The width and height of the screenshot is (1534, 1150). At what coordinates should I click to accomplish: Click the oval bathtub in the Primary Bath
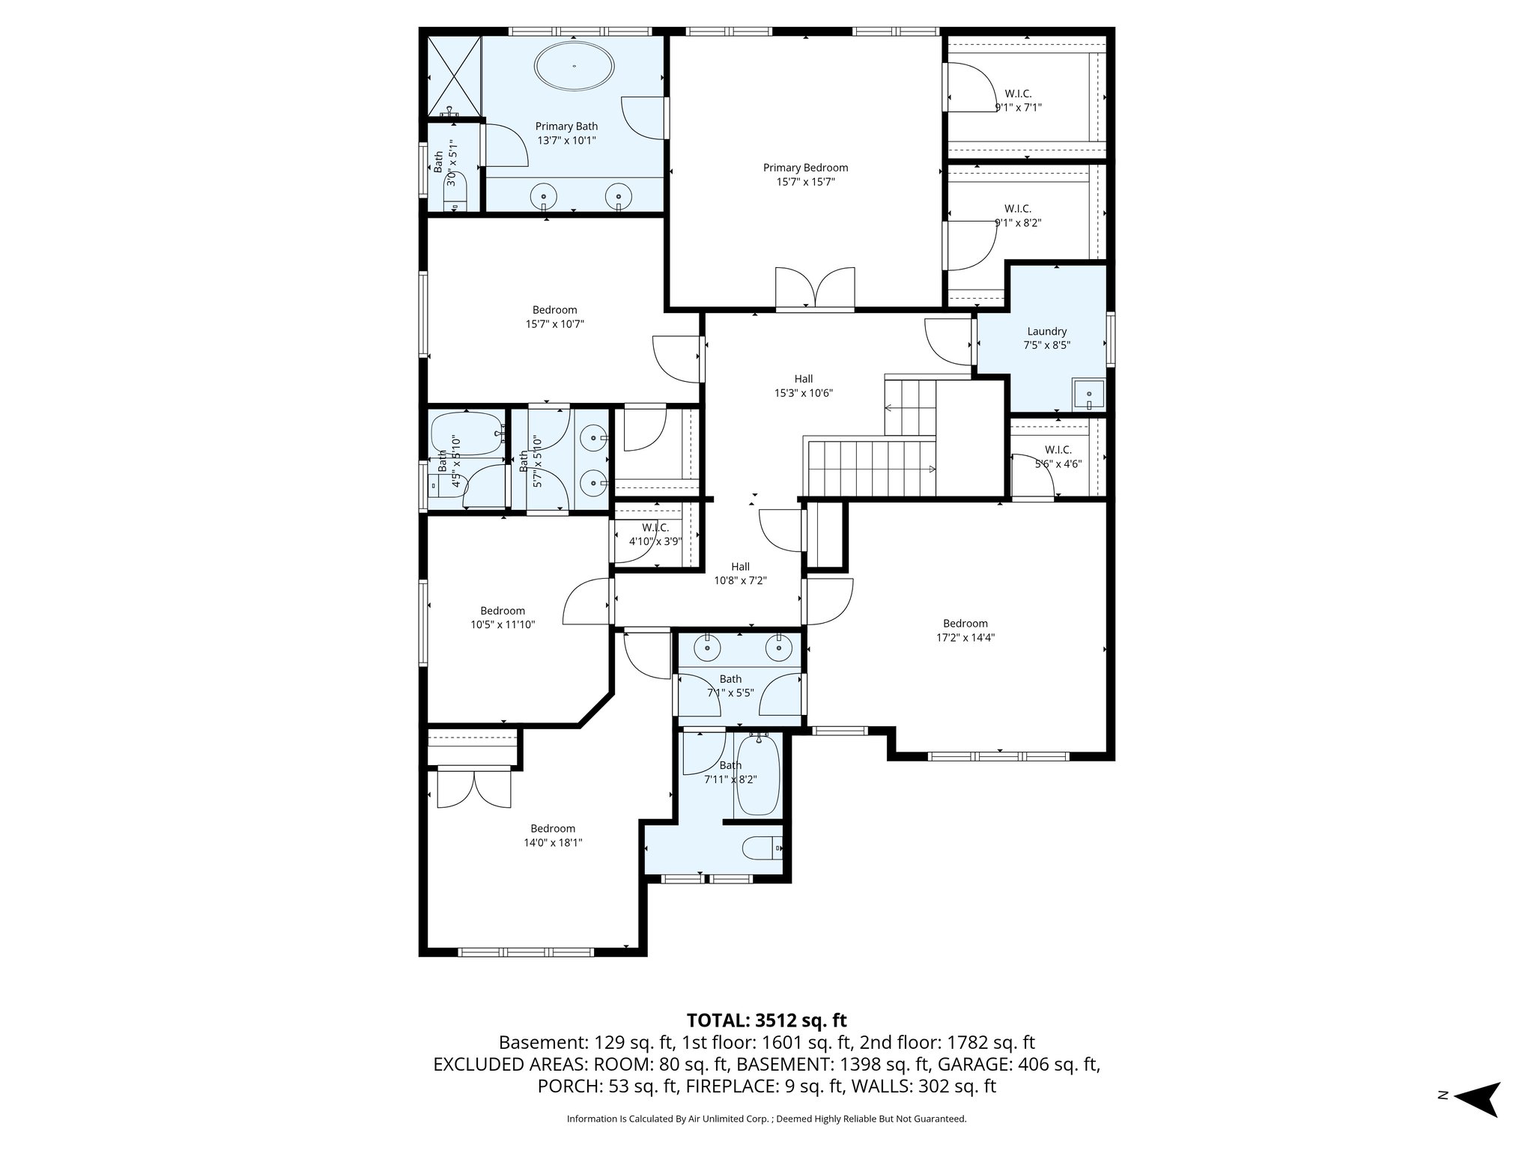pos(575,66)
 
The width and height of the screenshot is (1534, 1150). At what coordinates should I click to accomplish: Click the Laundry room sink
pos(1088,394)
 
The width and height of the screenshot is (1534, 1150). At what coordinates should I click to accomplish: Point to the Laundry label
pos(1046,332)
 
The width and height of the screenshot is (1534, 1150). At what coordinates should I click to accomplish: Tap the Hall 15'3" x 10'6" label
pos(803,386)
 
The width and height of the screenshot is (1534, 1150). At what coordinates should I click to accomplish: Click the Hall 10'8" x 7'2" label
pos(740,574)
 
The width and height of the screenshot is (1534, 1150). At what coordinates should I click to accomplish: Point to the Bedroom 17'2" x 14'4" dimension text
pos(965,638)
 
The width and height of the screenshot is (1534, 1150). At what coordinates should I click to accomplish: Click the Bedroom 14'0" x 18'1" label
pos(553,835)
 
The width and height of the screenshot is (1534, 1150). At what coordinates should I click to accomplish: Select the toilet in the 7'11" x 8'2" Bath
pos(762,848)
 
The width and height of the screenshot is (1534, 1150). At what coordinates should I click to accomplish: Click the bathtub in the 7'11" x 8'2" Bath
pos(759,776)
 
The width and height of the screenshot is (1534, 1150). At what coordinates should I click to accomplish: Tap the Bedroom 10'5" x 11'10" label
pos(503,617)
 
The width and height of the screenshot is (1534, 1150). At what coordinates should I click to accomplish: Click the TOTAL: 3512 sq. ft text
pos(766,1020)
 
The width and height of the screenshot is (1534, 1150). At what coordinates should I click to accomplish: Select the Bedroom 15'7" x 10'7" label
pos(554,317)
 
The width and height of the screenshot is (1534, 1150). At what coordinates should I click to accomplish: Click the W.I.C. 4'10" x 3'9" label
pos(655,535)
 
